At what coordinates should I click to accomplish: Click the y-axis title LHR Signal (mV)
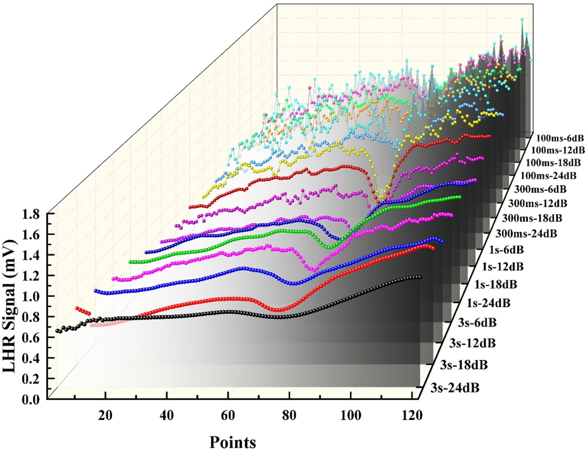click(x=15, y=307)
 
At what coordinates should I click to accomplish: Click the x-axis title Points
click(x=232, y=442)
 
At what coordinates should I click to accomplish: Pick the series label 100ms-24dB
click(x=544, y=174)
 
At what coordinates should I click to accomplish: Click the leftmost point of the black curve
click(x=57, y=331)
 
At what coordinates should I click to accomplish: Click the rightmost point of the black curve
click(x=419, y=277)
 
